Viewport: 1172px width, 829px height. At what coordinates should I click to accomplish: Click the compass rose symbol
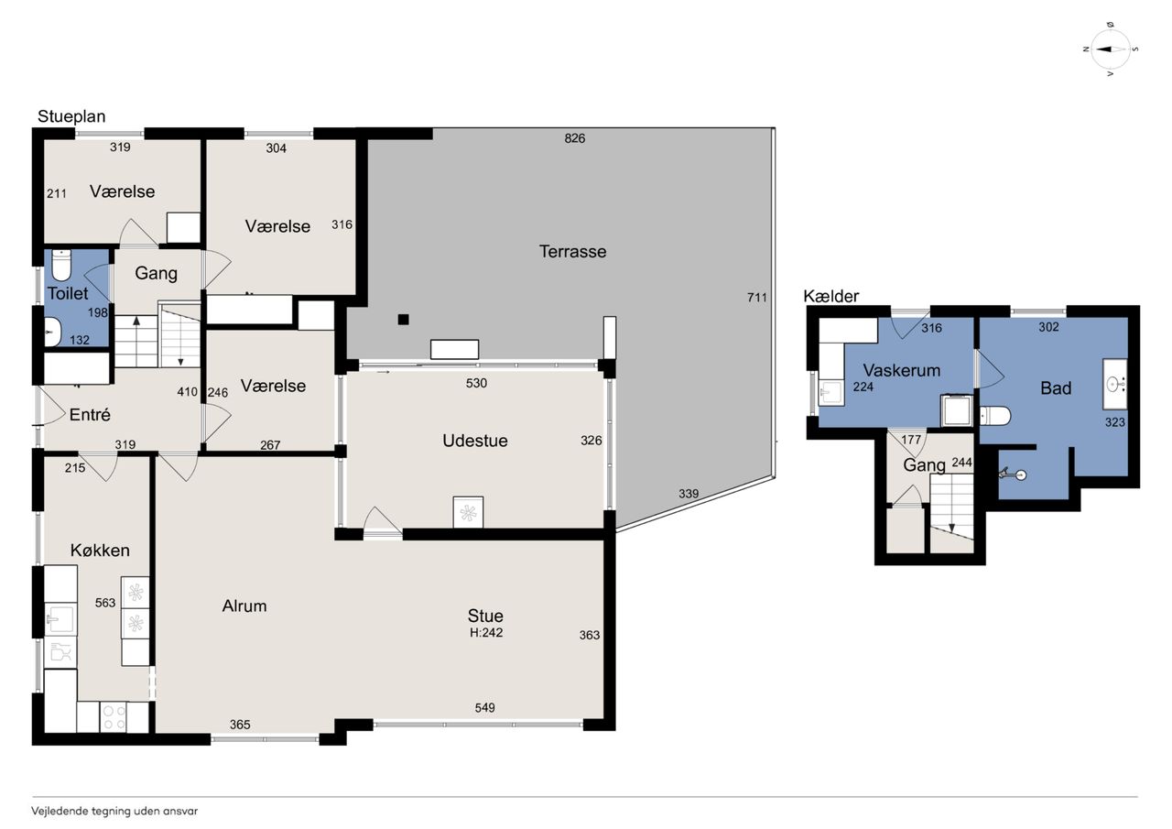pos(1111,49)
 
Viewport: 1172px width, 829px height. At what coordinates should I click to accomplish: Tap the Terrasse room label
pos(572,251)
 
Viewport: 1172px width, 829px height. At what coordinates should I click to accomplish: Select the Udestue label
pos(474,441)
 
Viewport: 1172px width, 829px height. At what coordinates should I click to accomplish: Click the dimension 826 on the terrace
pos(574,138)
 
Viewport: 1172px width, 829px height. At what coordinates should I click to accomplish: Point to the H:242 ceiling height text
pos(486,633)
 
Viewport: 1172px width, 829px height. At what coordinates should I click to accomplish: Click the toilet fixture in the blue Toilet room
pos(61,266)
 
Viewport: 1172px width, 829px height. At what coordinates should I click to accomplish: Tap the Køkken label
pos(100,550)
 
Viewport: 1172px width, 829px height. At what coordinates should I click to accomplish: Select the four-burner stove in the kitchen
pos(114,717)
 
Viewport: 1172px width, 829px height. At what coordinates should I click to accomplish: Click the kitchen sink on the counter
pos(60,619)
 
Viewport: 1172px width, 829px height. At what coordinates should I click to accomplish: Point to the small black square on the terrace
pos(403,320)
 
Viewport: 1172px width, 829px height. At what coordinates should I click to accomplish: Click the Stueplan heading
pos(71,116)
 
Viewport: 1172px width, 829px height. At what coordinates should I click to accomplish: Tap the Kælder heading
pos(830,296)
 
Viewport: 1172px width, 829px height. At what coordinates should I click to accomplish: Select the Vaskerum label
pos(902,371)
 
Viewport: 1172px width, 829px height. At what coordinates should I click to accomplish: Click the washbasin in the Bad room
pos(1115,384)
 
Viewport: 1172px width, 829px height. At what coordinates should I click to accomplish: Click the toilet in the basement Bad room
pos(994,416)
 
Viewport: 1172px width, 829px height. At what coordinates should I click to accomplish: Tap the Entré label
pos(90,415)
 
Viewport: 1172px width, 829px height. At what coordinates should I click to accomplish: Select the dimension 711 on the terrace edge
pos(756,298)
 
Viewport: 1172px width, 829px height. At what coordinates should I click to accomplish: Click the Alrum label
pos(244,606)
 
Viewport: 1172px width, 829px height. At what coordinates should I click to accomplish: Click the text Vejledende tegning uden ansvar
pos(114,811)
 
